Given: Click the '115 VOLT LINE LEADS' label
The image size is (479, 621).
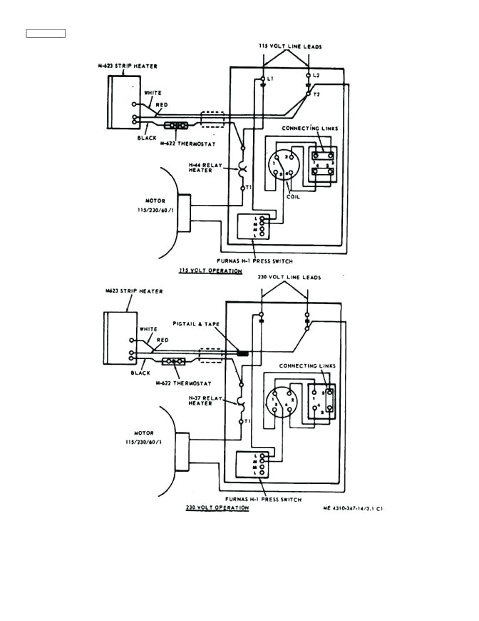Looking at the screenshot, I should click(290, 47).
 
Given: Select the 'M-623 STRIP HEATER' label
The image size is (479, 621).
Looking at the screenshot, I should click(128, 66).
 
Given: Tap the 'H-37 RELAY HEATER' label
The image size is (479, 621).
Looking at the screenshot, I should click(202, 400).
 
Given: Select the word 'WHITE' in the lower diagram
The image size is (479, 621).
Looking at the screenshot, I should click(148, 329).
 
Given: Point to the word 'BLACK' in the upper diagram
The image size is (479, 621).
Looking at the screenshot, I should click(148, 138).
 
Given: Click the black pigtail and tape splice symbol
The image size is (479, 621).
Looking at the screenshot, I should click(242, 353).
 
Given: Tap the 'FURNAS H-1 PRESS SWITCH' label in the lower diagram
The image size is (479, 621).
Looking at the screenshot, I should click(262, 499).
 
